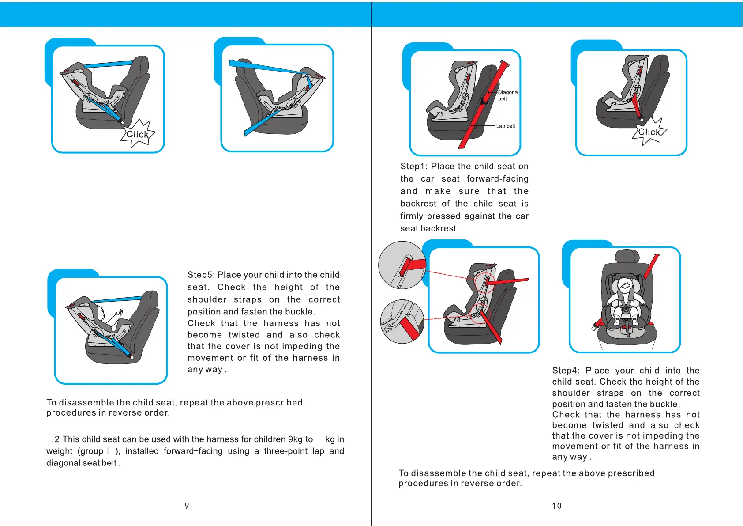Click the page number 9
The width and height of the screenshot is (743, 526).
187,506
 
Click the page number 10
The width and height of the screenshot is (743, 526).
557,506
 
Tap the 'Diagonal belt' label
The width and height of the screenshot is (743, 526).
508,95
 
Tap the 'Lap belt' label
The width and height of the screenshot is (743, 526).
505,126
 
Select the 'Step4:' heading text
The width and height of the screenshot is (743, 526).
566,371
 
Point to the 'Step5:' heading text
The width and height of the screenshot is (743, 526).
201,275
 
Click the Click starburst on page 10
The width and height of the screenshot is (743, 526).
649,132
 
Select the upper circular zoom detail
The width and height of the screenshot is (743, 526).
402,265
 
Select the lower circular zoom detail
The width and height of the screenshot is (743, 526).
402,321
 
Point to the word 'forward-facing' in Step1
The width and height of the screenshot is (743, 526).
497,179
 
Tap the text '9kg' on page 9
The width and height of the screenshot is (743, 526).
296,439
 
